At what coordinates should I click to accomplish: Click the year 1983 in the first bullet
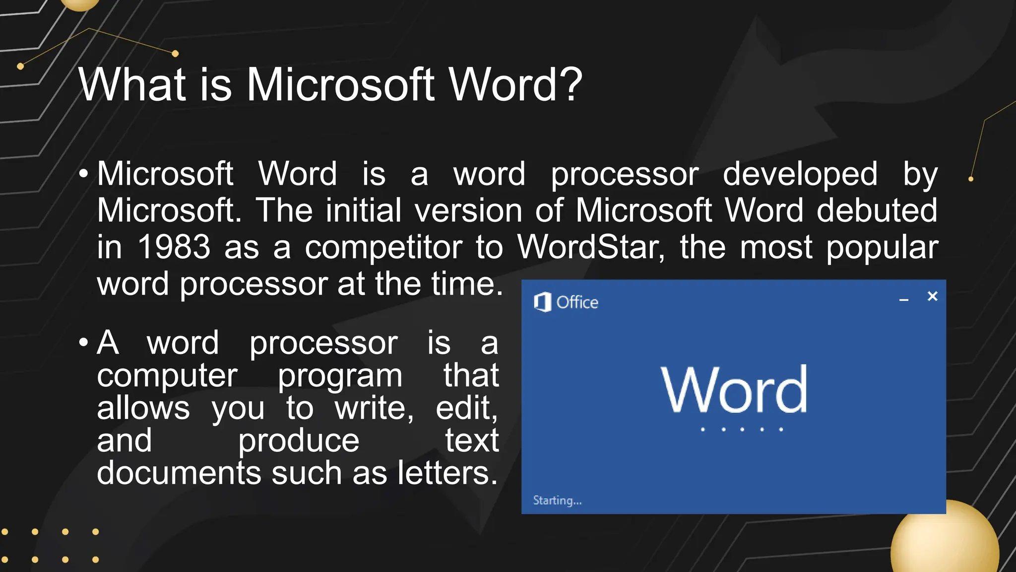pos(174,247)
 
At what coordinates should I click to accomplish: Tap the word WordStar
pos(588,247)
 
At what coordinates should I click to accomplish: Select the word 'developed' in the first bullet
pos(800,174)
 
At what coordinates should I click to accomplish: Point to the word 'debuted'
pos(877,210)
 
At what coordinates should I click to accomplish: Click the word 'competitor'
pos(383,248)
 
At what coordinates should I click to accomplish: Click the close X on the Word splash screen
pos(932,296)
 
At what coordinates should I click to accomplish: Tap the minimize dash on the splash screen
pos(904,300)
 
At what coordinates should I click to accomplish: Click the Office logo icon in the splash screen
pos(542,302)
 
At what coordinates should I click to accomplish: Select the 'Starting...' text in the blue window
pos(557,500)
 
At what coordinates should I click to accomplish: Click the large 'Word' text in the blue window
pos(734,389)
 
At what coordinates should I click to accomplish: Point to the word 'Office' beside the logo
pos(577,302)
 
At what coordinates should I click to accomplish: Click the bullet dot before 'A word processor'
pos(83,343)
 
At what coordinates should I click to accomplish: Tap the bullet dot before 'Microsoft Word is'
pos(83,174)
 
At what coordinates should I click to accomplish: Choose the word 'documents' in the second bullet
pos(179,473)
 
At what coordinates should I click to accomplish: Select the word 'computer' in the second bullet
pos(167,376)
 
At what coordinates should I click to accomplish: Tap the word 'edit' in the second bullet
pos(465,408)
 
